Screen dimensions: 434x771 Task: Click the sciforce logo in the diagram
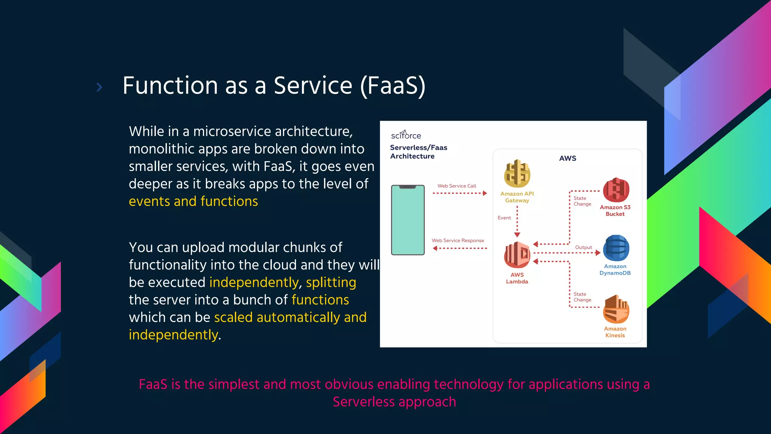pos(406,135)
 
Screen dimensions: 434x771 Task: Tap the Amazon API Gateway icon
pos(517,174)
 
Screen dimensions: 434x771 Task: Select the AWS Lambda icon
pos(517,255)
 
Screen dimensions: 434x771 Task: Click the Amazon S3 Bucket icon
pos(616,190)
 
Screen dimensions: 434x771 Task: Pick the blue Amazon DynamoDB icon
pos(616,248)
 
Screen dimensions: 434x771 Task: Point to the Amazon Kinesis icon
pos(616,309)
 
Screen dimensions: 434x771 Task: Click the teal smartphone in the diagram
pos(408,220)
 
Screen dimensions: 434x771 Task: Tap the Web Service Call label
pos(457,186)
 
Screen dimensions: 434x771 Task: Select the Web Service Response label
pos(458,240)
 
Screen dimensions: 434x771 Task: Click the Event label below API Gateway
pos(504,218)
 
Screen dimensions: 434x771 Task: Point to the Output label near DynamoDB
pos(584,247)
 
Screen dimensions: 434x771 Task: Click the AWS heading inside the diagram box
pos(567,158)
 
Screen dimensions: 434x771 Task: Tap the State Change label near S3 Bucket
pos(582,201)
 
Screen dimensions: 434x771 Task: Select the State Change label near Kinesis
pos(582,297)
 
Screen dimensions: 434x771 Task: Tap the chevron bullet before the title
pos(99,87)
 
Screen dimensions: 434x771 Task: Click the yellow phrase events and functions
pos(193,201)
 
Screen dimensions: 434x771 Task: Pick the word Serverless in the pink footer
pos(363,402)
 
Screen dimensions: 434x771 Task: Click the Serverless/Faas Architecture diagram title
pos(418,152)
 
